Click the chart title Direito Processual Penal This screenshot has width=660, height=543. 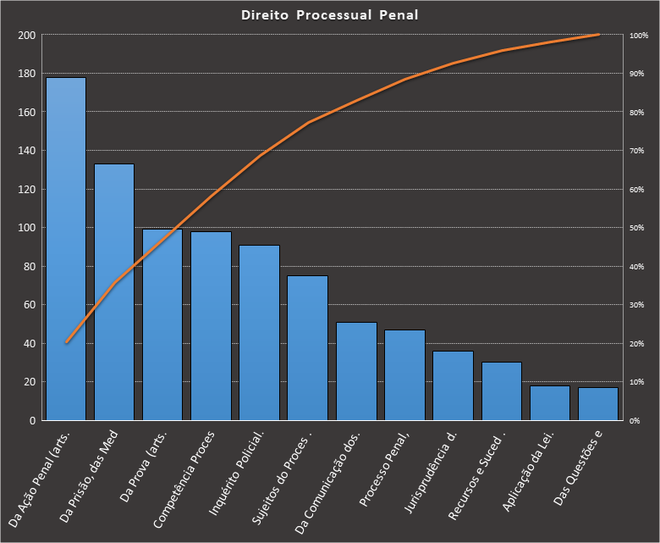coord(329,15)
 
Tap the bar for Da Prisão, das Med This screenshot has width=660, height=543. coord(114,292)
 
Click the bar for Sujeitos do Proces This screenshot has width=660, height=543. coord(307,348)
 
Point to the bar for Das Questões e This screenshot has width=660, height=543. coord(598,404)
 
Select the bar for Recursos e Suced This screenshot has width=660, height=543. coord(502,391)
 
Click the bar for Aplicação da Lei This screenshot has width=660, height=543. coord(550,403)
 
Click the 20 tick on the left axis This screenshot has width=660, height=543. coord(28,382)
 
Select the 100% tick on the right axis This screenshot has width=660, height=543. coord(638,36)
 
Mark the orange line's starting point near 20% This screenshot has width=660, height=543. coord(66,343)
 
